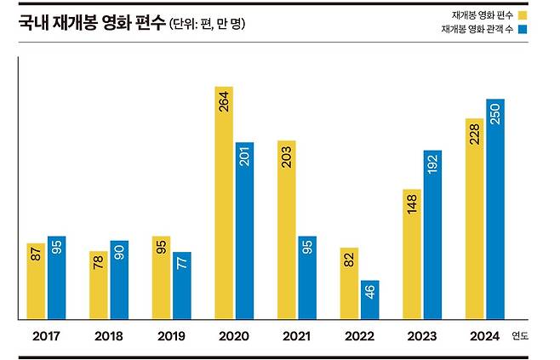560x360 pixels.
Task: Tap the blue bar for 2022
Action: click(369, 300)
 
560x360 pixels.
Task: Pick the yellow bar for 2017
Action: click(36, 282)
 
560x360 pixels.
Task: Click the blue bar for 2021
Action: click(307, 278)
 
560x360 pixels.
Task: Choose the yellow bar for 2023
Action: click(411, 254)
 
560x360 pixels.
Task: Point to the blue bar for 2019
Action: click(181, 286)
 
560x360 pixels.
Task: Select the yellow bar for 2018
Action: click(99, 285)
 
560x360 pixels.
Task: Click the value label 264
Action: click(224, 105)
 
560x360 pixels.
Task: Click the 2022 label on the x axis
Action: click(358, 336)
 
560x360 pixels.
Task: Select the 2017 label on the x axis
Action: click(46, 336)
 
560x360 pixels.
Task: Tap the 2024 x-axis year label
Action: click(483, 336)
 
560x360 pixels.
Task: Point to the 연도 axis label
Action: click(519, 336)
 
